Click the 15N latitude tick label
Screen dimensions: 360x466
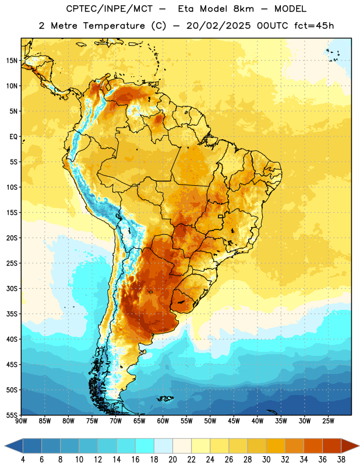12,61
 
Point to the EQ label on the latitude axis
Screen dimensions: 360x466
13,137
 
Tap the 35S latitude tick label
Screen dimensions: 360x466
12,314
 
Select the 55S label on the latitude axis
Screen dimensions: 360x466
12,415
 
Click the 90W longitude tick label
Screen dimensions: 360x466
21,421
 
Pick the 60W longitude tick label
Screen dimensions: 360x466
163,421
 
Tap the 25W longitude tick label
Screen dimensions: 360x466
328,421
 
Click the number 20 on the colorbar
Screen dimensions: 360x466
172,460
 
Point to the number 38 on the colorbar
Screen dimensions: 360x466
341,460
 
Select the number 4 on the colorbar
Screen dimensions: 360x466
23,460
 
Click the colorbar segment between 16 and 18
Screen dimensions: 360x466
145,446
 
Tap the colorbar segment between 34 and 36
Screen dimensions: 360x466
313,446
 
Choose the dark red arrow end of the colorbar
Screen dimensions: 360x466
350,446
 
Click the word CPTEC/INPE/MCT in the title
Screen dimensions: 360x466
110,9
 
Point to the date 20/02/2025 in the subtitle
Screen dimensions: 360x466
218,26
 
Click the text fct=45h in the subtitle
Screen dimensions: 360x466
314,26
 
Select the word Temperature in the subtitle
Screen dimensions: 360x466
114,26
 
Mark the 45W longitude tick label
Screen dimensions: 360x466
234,421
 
